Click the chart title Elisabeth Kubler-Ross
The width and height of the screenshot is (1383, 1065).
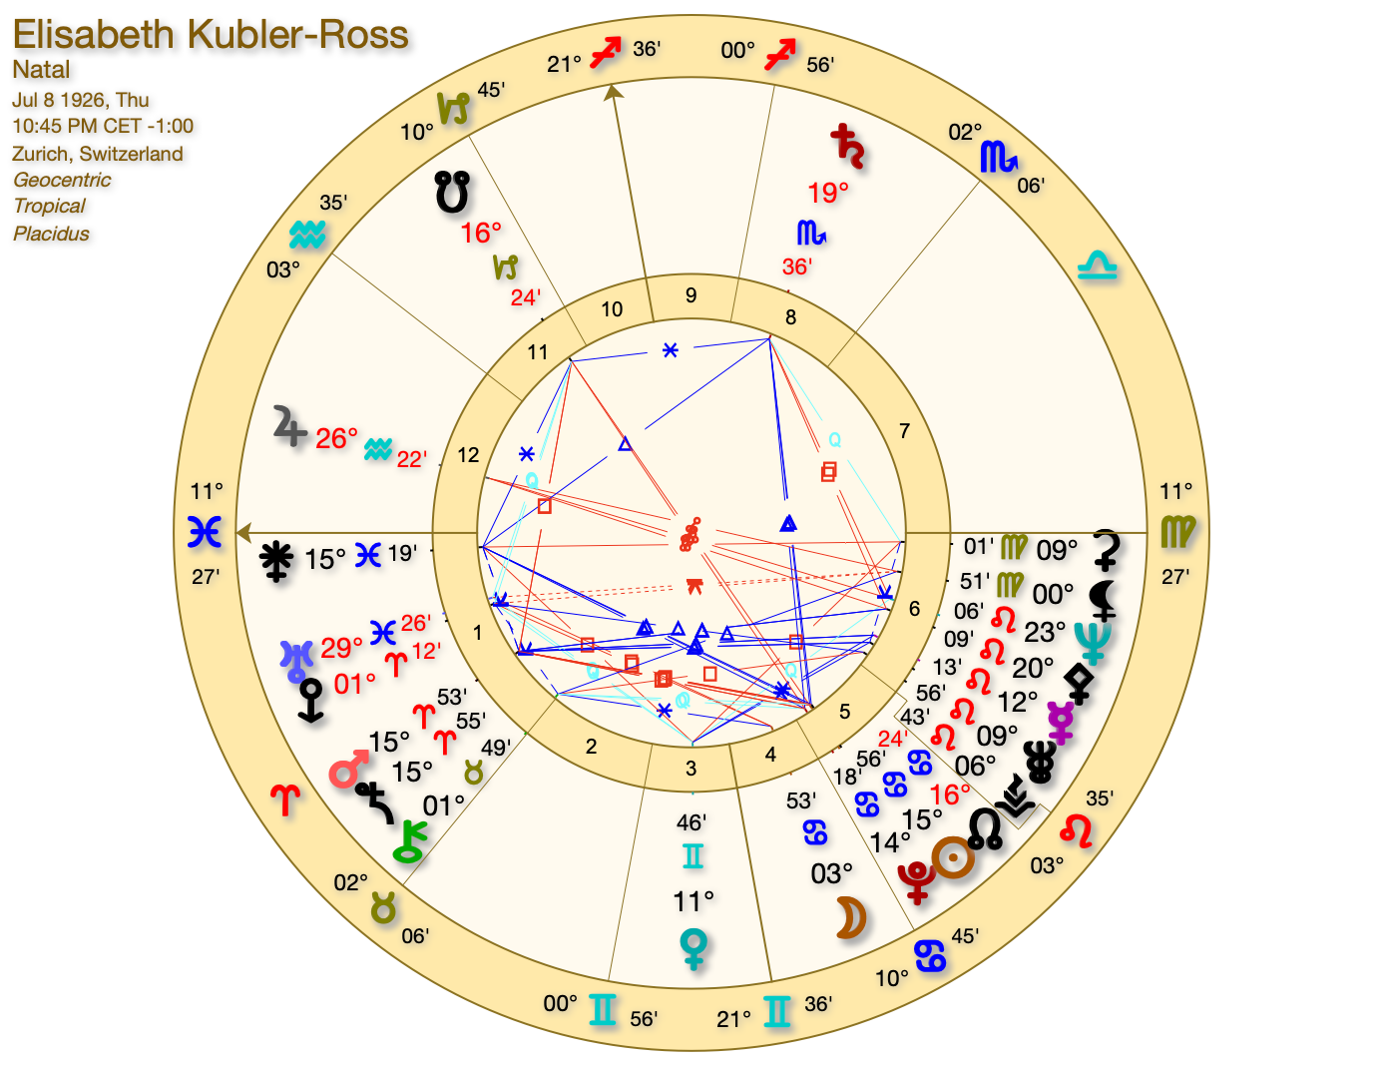pos(211,35)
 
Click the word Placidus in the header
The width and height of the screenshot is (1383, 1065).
pos(51,234)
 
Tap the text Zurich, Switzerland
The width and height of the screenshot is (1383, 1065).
pos(98,154)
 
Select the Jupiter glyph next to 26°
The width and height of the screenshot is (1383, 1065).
pos(289,428)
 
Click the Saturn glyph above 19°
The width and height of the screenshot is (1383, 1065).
pos(848,146)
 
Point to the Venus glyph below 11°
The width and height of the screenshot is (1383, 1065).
pos(692,947)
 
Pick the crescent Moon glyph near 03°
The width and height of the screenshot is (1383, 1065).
pos(849,918)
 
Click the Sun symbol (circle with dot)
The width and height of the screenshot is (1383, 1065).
pos(953,857)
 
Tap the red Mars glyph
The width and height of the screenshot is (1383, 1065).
pos(348,771)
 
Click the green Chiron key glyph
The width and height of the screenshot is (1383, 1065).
pos(410,841)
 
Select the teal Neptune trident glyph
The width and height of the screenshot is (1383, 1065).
pos(1093,642)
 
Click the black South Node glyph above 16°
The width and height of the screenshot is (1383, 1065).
pos(452,191)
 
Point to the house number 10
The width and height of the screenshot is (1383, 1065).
pos(612,309)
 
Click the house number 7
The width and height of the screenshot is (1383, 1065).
pos(904,431)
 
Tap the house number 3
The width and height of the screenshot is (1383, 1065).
pos(691,769)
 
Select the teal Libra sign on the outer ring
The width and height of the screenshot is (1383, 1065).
pos(1097,266)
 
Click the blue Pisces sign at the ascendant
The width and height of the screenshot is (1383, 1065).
pos(205,532)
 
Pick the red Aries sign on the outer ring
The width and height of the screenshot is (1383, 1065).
pos(285,799)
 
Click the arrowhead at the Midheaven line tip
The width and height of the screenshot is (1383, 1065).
pos(612,92)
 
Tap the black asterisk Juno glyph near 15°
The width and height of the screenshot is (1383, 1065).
pos(276,560)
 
